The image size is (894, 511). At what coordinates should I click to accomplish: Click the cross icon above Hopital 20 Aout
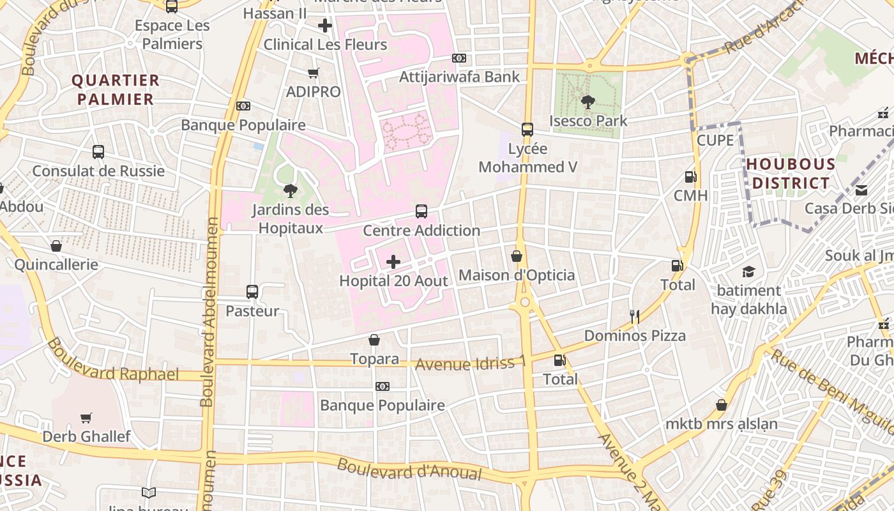[393, 262]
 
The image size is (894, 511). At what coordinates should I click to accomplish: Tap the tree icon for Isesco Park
[588, 102]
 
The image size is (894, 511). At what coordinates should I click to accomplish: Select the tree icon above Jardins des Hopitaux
[291, 190]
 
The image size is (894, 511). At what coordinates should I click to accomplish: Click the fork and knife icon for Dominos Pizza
[634, 316]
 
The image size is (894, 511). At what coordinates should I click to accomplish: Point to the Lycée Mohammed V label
[527, 158]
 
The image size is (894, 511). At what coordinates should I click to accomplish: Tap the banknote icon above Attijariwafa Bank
[458, 58]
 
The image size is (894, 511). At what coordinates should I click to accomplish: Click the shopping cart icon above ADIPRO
[313, 73]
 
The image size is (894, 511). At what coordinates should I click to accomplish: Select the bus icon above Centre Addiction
[421, 211]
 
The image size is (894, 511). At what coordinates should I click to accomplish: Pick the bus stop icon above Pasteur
[252, 292]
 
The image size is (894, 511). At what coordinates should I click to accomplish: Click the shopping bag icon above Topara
[374, 340]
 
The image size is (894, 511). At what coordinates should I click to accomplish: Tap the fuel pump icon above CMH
[690, 177]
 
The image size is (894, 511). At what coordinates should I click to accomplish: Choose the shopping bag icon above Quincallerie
[56, 246]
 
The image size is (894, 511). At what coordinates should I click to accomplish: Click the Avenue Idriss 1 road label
[471, 363]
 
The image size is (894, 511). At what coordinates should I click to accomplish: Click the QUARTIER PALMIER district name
[116, 89]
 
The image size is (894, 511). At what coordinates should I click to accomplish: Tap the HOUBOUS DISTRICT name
[791, 174]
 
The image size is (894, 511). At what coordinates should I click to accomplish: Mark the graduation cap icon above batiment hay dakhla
[748, 271]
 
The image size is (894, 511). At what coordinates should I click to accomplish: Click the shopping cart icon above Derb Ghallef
[86, 418]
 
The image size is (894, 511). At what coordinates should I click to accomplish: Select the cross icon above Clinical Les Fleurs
[325, 26]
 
